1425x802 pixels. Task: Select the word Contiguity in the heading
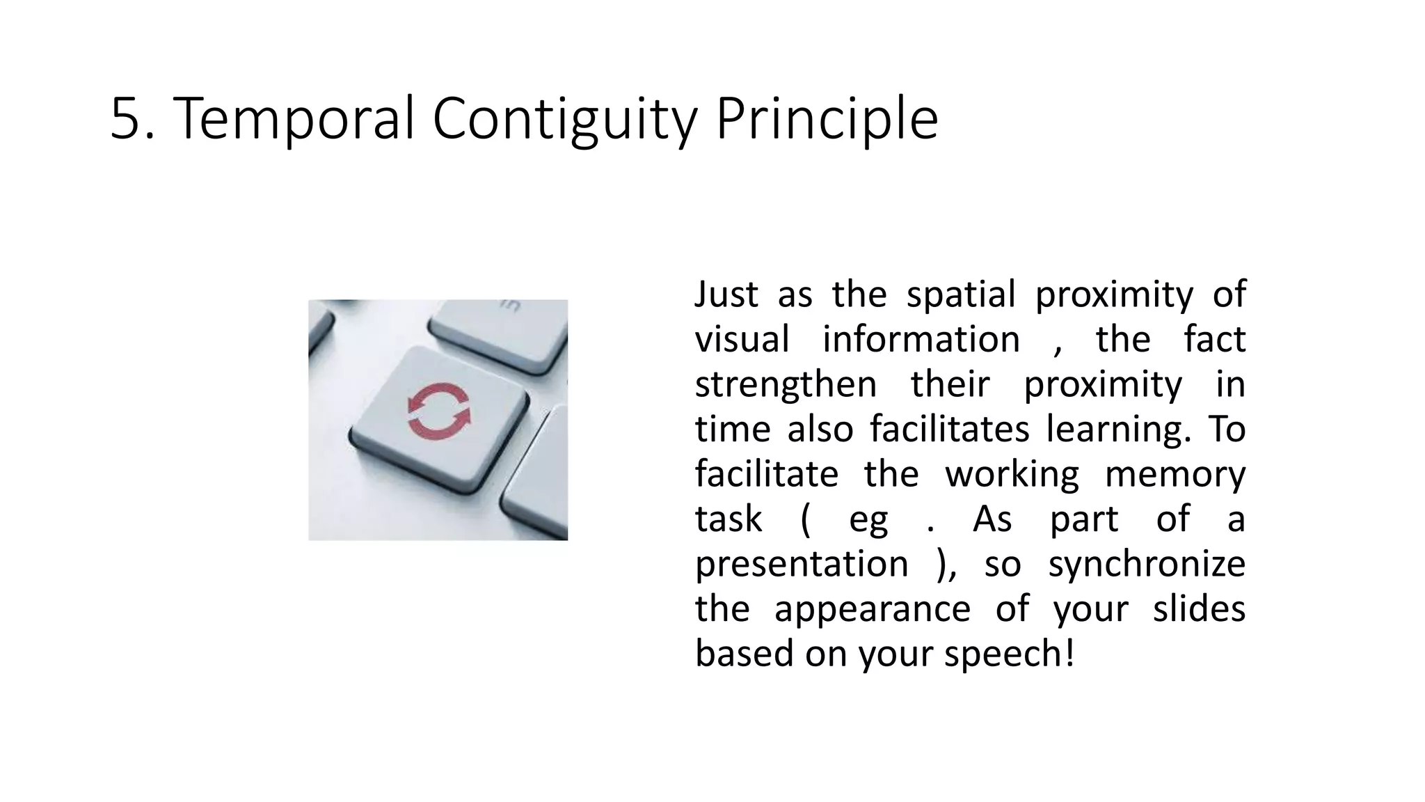pos(564,118)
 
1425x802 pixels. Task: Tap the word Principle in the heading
pos(827,118)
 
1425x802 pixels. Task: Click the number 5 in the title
pos(124,118)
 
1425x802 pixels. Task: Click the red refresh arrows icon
pos(438,411)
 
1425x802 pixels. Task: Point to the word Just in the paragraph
pos(726,294)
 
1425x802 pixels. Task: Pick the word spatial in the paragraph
pos(961,294)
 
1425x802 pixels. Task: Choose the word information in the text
pos(921,339)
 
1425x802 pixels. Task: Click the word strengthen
pos(786,384)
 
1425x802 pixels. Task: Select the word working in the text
pos(1012,474)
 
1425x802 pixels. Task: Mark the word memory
pos(1175,474)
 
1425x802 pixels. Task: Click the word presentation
pos(802,563)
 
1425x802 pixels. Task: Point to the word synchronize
pos(1147,563)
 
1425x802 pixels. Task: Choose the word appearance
pos(872,608)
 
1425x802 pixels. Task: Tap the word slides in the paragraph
pos(1198,608)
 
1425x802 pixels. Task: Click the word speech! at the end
pos(1009,654)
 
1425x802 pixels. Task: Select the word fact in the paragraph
pos(1214,339)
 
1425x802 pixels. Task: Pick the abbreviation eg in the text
pos(868,519)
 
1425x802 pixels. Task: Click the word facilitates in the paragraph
pos(949,429)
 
